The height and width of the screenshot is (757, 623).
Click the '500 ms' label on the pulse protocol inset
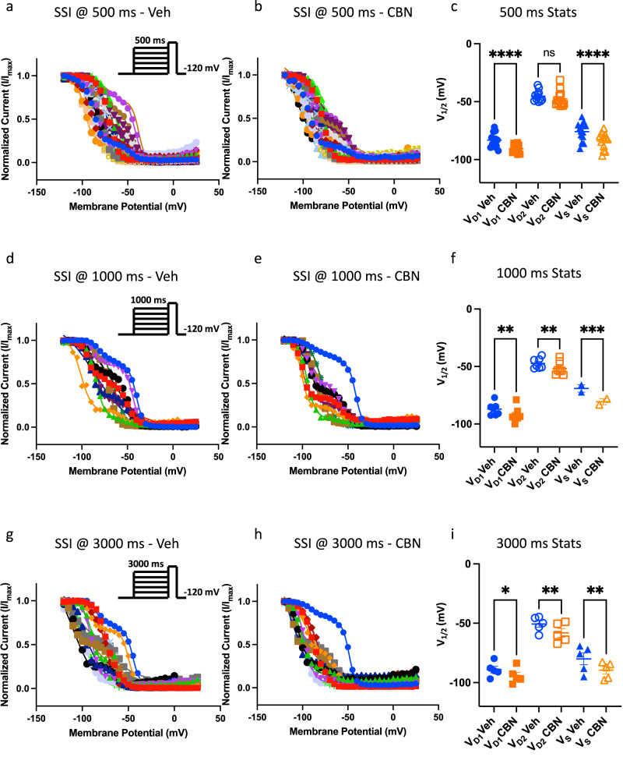click(x=149, y=40)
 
